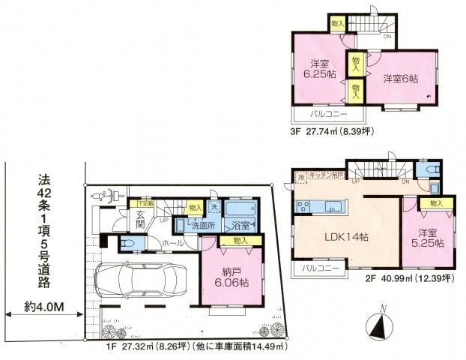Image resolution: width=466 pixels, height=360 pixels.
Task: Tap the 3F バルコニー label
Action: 324,115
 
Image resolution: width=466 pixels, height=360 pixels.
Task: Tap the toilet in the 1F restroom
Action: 127,244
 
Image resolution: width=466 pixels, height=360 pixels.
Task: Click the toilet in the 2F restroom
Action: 432,172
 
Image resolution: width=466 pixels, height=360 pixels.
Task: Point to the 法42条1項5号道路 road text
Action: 50,227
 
